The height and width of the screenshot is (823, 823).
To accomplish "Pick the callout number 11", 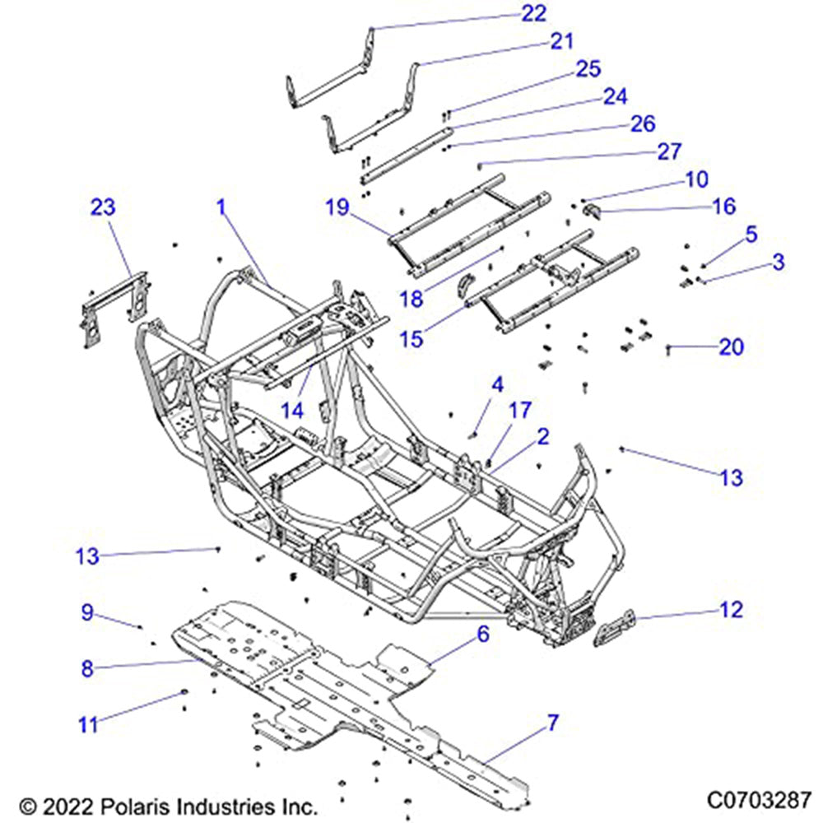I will (x=88, y=724).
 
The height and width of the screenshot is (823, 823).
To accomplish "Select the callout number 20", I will (x=730, y=347).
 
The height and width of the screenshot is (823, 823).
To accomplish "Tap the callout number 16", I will (x=723, y=206).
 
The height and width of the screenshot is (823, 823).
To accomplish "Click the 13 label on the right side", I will (x=730, y=477).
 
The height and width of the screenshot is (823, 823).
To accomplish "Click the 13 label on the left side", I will (x=88, y=557).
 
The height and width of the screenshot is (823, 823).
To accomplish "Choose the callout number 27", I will (x=693, y=152).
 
